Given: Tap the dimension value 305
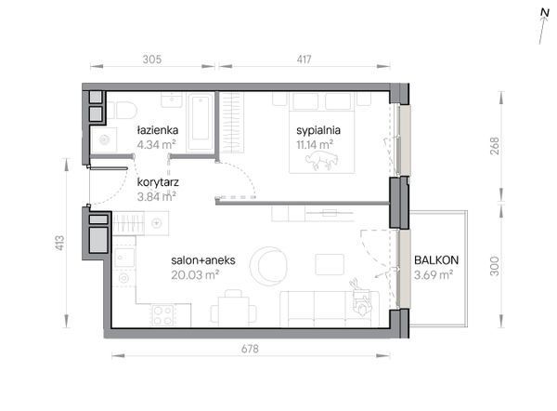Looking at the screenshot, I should tap(152, 60).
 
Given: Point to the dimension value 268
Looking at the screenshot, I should tap(496, 146).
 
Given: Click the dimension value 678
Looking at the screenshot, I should tap(250, 350).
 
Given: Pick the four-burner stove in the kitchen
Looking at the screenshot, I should tap(162, 314).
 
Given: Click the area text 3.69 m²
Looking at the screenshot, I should tap(433, 275).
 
